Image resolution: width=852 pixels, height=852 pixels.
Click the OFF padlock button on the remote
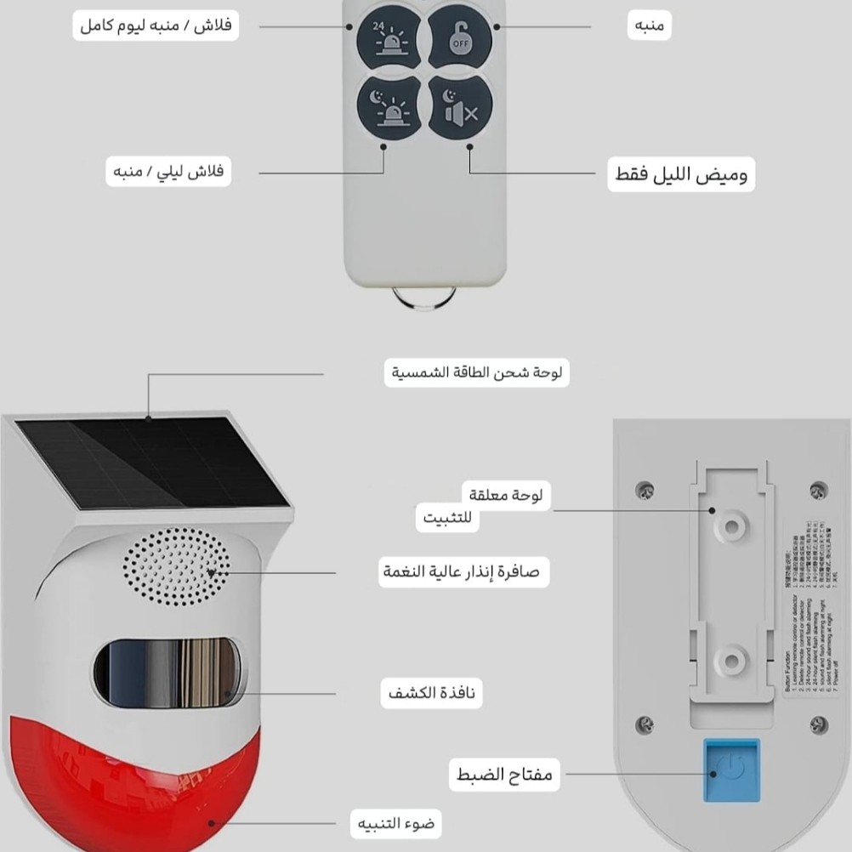pyautogui.click(x=460, y=37)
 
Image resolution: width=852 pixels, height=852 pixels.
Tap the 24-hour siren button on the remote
pyautogui.click(x=390, y=38)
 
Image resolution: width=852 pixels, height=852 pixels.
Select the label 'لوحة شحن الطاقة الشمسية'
pyautogui.click(x=479, y=372)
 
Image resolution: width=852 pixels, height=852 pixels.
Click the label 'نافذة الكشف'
pyautogui.click(x=430, y=694)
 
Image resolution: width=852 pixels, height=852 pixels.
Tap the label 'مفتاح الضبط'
pyautogui.click(x=503, y=775)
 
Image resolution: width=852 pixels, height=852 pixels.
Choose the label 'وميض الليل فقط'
pyautogui.click(x=680, y=175)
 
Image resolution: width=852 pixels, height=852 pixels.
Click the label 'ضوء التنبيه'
pyautogui.click(x=397, y=823)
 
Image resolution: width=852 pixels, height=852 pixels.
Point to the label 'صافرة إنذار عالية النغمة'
pyautogui.click(x=459, y=571)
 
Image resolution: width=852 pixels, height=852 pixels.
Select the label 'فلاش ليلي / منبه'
pyautogui.click(x=169, y=172)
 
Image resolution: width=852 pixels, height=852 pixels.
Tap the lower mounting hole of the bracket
pyautogui.click(x=729, y=659)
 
